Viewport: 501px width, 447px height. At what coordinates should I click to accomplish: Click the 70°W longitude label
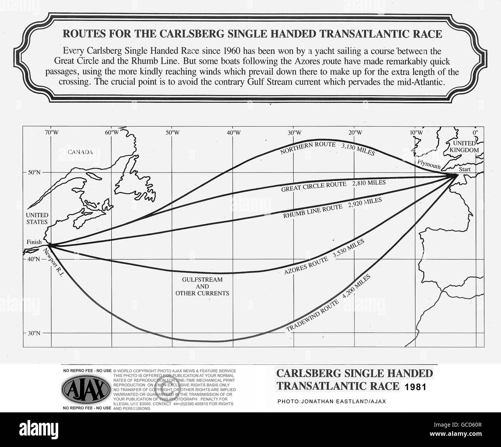pyautogui.click(x=51, y=133)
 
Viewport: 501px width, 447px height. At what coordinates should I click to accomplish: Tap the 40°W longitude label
pyautogui.click(x=234, y=133)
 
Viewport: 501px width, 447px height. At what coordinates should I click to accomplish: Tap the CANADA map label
pyautogui.click(x=81, y=152)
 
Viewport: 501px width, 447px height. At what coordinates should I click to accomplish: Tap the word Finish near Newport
pyautogui.click(x=34, y=242)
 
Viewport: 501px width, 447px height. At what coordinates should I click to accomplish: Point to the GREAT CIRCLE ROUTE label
pyautogui.click(x=313, y=187)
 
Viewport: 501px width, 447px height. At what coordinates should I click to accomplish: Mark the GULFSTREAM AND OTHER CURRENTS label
pyautogui.click(x=202, y=286)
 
